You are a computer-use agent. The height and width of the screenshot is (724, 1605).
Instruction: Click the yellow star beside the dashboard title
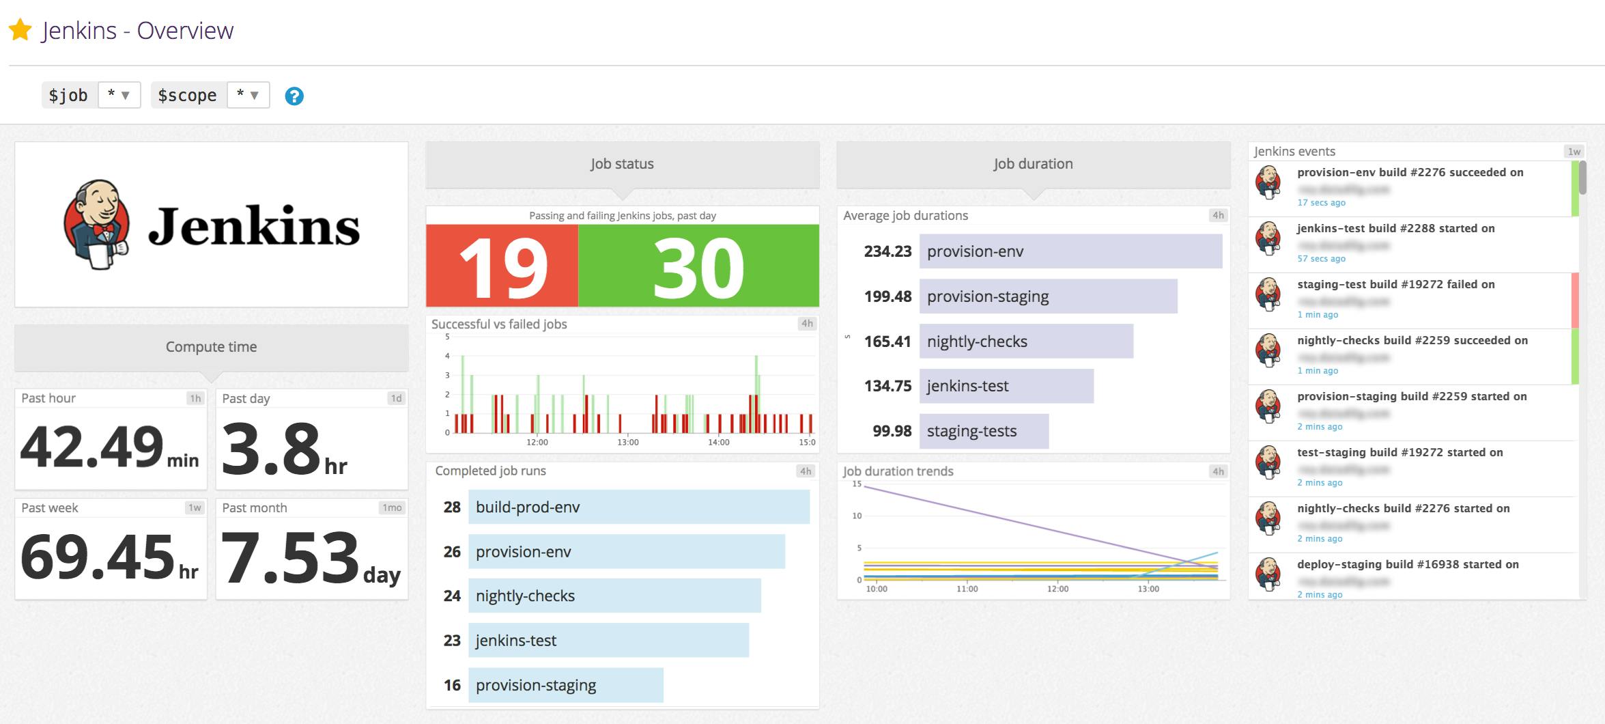[20, 30]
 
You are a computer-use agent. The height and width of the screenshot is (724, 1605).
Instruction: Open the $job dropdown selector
[119, 95]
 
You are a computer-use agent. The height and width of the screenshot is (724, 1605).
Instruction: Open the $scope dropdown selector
[248, 95]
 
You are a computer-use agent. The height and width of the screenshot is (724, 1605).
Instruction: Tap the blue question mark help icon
[294, 96]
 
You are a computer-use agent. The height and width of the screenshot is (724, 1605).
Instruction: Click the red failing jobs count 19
[502, 266]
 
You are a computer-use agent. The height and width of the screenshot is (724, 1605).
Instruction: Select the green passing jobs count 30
[698, 266]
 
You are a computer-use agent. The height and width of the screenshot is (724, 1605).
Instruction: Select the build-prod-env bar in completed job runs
[638, 507]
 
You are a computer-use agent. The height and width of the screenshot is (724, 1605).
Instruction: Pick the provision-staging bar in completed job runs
[565, 685]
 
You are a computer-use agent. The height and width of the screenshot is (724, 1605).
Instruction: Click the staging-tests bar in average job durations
[983, 431]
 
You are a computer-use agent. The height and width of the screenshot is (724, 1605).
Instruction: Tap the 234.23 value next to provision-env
[887, 251]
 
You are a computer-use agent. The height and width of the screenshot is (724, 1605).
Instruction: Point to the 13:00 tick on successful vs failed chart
[627, 443]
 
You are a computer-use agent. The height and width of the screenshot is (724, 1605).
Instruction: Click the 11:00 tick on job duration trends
[967, 589]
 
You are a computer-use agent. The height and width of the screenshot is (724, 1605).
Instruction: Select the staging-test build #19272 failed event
[1395, 284]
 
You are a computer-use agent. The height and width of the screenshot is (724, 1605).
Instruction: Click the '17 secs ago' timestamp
[1321, 203]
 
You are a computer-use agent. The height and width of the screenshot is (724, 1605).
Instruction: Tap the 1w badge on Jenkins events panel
[1574, 152]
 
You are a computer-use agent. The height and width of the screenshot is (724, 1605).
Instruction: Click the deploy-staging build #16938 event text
[1408, 564]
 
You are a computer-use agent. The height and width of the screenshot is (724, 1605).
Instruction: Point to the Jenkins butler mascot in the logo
[98, 224]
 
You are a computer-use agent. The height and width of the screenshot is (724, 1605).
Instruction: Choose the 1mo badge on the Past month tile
[392, 507]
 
